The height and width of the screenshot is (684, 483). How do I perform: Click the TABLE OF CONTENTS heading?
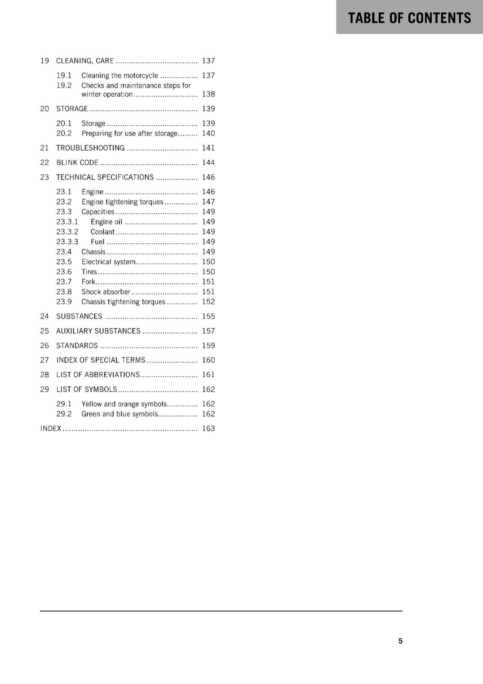409,18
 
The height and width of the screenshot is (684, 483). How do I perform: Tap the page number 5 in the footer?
401,641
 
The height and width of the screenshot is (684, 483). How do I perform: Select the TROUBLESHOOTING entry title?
90,148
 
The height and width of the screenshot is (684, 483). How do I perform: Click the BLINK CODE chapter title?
77,162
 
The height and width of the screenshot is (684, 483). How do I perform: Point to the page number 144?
208,162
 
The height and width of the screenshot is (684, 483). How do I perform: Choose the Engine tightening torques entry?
122,202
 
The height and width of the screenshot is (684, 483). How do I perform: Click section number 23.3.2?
67,232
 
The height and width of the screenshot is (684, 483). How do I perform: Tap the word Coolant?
103,232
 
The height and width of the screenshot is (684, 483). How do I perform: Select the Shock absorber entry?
106,292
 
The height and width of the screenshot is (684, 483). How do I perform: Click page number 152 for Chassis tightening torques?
208,302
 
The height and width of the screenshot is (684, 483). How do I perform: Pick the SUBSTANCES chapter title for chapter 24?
79,316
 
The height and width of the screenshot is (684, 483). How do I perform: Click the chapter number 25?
44,331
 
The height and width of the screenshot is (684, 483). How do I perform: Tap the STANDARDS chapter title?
77,345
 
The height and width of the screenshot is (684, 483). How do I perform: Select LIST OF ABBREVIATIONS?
98,374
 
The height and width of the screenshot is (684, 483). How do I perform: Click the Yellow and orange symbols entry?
124,404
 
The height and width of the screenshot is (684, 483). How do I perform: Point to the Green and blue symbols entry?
120,414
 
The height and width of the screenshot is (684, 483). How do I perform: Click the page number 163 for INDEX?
208,428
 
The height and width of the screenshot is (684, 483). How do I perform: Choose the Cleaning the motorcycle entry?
120,76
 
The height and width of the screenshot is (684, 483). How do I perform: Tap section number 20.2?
64,133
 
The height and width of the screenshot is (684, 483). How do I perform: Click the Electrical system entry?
109,262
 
